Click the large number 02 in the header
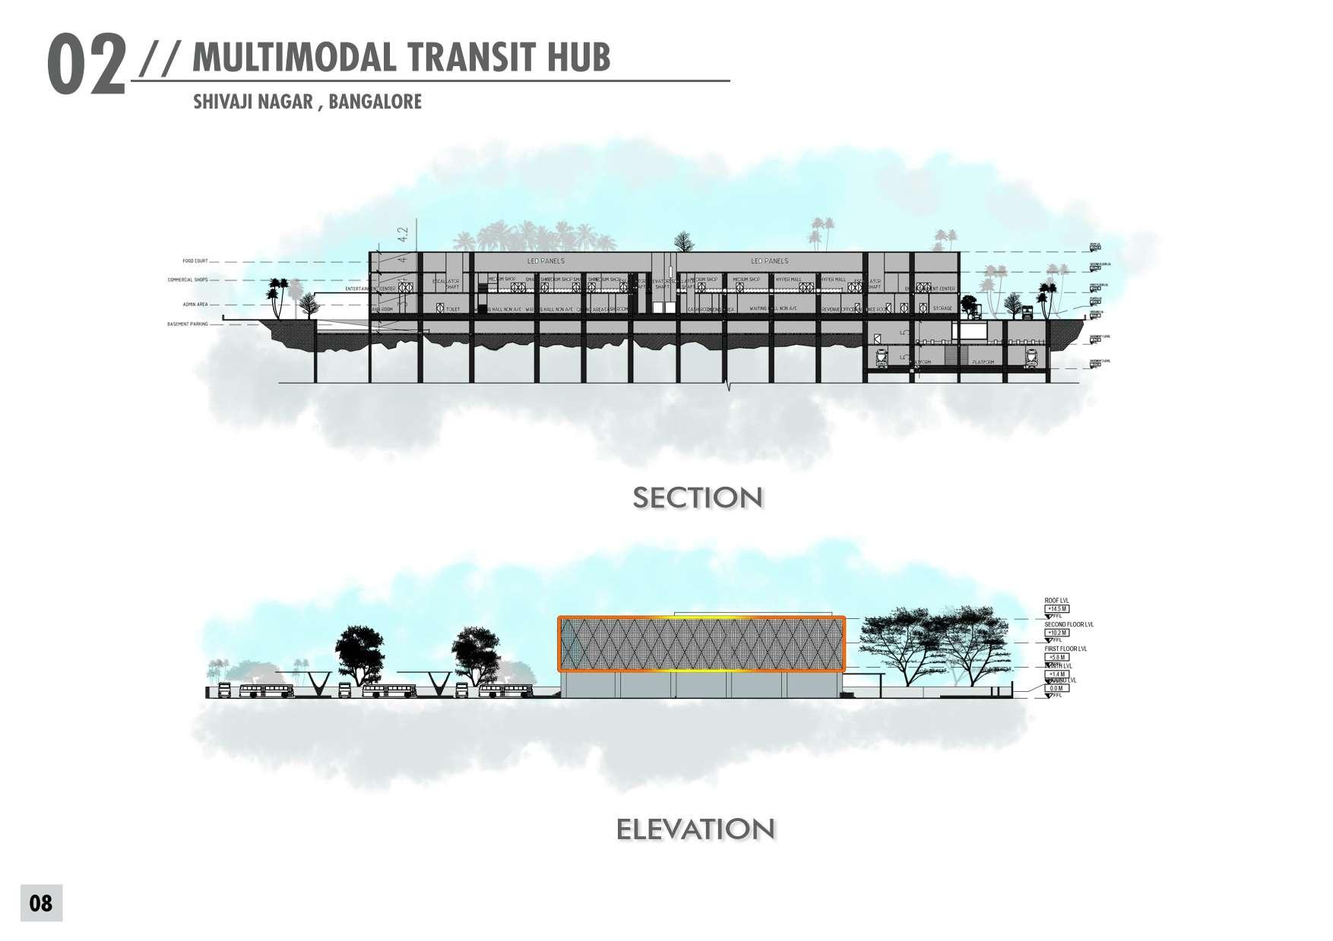tap(86, 67)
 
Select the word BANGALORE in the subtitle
tap(375, 101)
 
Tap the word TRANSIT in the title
tap(466, 58)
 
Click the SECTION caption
tap(698, 498)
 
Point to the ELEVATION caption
tap(695, 829)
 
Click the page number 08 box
tap(41, 903)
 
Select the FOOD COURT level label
tap(195, 261)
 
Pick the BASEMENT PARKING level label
tap(188, 324)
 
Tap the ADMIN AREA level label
tap(195, 305)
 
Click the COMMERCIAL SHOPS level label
tap(188, 280)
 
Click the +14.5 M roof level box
tap(1058, 609)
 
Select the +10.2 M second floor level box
tap(1058, 633)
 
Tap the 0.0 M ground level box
tap(1056, 688)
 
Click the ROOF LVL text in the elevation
tap(1057, 601)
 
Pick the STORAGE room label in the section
tap(942, 308)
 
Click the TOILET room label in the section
tap(454, 309)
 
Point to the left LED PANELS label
tap(546, 261)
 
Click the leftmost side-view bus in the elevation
tap(267, 691)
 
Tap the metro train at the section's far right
tap(1031, 357)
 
